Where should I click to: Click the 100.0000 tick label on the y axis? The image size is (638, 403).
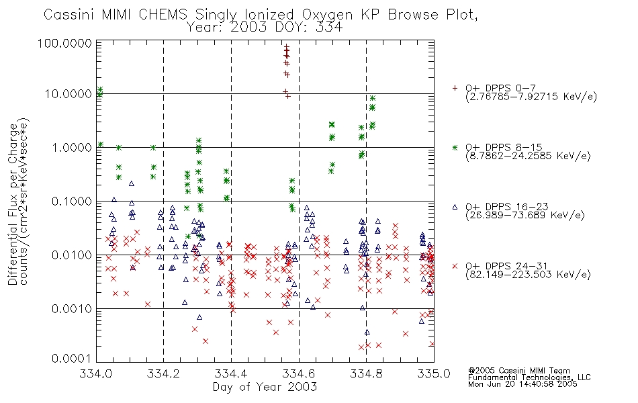64,43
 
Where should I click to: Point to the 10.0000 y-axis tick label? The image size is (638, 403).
69,94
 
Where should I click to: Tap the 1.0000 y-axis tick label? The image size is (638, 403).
72,147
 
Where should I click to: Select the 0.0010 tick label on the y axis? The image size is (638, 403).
72,308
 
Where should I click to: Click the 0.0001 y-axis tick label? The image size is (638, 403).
72,359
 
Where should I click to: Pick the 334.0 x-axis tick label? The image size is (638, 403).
96,373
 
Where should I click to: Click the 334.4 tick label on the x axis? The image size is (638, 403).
231,373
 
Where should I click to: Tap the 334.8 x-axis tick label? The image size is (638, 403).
366,373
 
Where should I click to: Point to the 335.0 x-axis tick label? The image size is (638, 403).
434,373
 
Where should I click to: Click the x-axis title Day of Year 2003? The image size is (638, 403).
265,387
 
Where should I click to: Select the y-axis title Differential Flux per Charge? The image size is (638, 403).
13,204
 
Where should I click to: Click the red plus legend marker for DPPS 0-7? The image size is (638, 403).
455,88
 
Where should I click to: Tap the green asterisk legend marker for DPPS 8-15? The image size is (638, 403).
455,147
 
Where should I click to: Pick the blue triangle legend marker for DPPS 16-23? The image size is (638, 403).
455,207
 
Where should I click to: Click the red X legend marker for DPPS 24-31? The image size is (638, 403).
455,266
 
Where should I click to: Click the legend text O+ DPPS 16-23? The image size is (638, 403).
507,207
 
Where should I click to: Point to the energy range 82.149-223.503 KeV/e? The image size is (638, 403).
528,275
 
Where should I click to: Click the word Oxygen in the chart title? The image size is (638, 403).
327,15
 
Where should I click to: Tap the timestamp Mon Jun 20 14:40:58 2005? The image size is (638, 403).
522,384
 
